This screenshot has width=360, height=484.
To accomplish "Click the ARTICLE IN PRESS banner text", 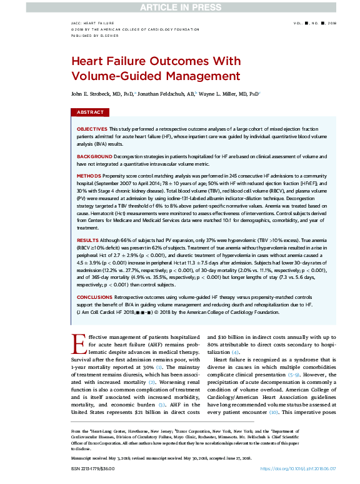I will click(x=179, y=7).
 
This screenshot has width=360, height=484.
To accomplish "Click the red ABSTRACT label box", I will click(x=91, y=113).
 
